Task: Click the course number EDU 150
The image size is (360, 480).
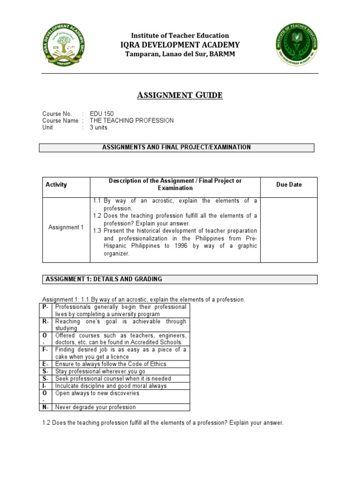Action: coord(102,113)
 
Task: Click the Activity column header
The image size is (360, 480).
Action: coord(56,185)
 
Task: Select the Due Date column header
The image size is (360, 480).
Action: coord(289,185)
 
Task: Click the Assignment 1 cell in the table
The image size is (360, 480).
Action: coord(66,227)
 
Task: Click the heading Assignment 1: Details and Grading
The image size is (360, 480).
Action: coord(104,279)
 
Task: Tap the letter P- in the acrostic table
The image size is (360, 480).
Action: coord(45,307)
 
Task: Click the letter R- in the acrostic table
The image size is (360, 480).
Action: coord(45,322)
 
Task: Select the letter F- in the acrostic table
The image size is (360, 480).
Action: coord(45,350)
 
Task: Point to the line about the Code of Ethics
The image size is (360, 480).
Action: coord(111,364)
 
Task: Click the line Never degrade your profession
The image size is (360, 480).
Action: coord(96,407)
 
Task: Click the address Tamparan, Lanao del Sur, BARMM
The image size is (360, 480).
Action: coord(180,54)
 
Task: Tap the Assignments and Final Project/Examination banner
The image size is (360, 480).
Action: coord(176,147)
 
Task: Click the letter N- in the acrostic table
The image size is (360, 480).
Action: coord(45,407)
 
